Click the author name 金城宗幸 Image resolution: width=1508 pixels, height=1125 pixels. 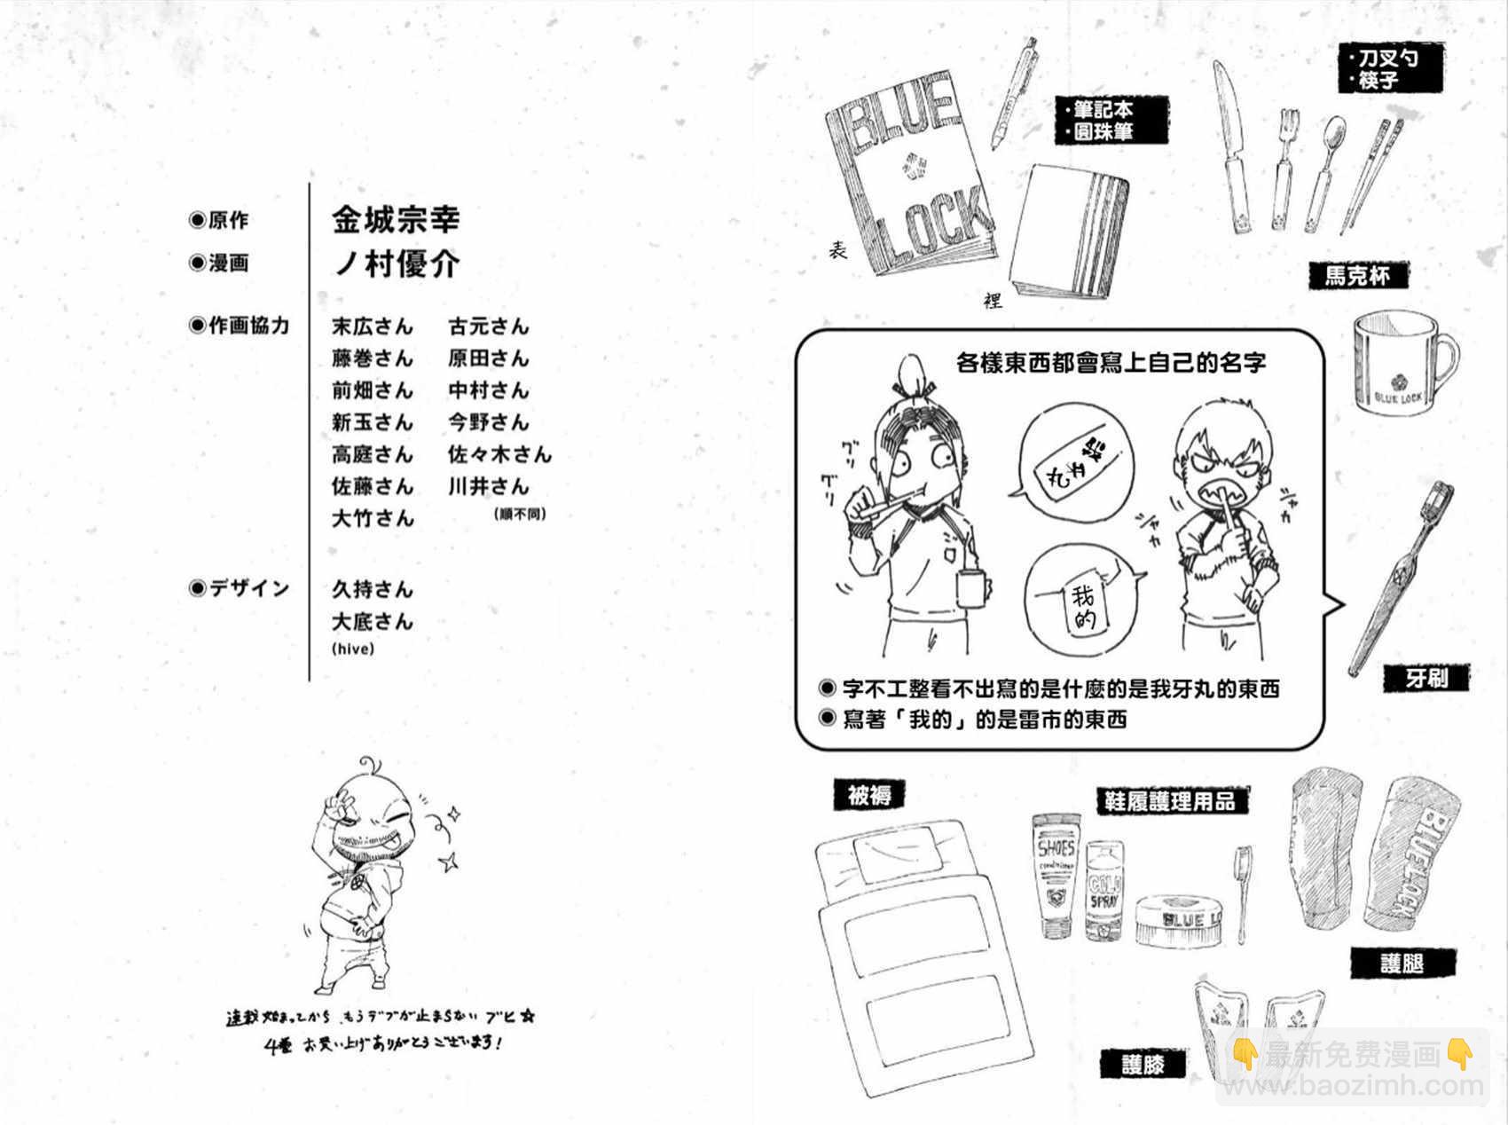tap(396, 219)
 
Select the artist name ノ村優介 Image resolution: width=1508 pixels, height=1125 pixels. tap(396, 264)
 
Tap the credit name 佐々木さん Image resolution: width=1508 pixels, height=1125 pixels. tap(499, 455)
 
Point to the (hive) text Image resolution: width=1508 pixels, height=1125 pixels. tap(353, 649)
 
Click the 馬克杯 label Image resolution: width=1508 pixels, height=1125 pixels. tap(1357, 276)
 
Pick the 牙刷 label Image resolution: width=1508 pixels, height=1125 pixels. tap(1426, 679)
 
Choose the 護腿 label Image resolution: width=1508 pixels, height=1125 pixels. tap(1402, 964)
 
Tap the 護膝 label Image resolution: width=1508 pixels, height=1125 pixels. tap(1143, 1064)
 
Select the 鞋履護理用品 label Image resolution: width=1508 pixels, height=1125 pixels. tap(1169, 801)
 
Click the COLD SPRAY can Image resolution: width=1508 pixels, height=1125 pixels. tap(1104, 890)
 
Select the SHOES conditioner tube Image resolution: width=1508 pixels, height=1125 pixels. tap(1056, 874)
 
